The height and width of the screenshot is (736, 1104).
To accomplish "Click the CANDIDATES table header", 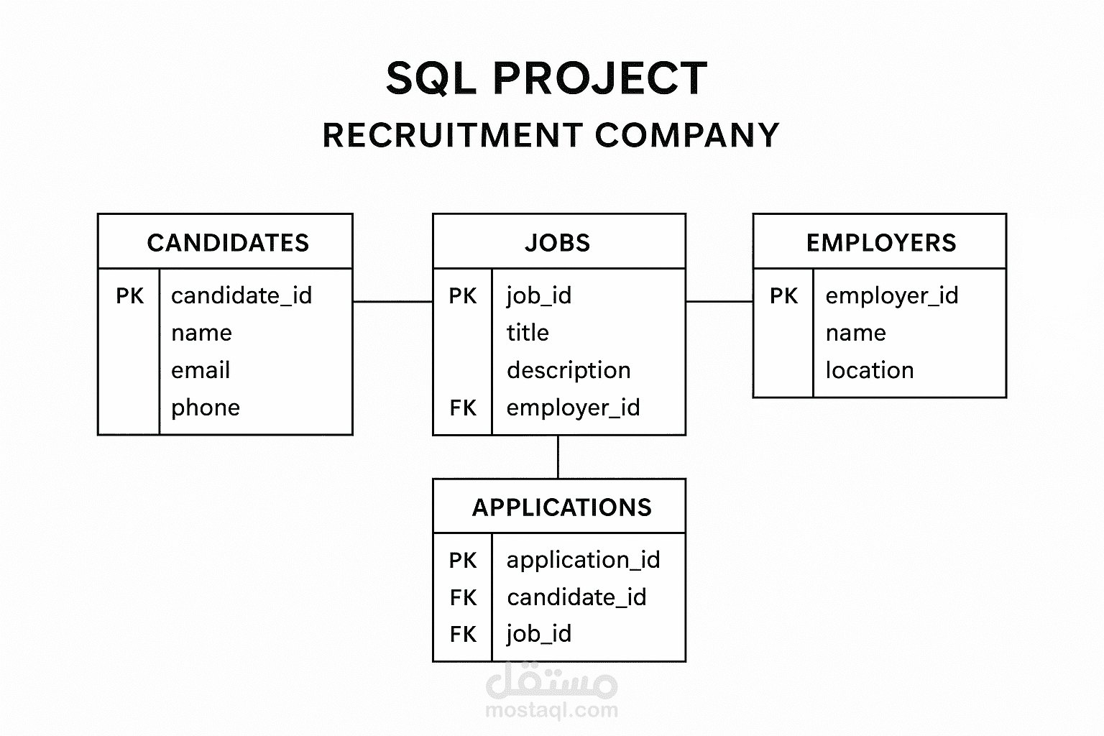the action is [228, 242].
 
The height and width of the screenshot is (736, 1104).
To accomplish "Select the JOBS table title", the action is [558, 242].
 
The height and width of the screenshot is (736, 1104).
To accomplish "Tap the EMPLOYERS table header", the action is [881, 242].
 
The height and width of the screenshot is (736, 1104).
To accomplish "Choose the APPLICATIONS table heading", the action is [562, 507].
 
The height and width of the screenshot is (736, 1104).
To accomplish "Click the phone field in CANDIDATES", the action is [206, 408].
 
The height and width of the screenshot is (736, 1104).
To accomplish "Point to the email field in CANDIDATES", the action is [201, 370].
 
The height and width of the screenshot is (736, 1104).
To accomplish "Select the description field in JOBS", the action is [569, 370].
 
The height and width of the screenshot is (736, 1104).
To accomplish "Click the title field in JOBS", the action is [528, 333].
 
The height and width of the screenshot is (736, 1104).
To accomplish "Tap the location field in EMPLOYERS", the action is [870, 370].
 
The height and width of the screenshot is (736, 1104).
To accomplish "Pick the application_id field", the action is [584, 560].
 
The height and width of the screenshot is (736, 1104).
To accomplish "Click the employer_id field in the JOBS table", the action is [573, 408].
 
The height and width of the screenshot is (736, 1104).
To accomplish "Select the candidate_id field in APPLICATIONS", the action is [576, 597].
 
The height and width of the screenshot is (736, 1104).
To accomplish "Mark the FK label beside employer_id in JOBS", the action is [463, 408].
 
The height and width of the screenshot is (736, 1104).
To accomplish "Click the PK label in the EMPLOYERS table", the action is [783, 296].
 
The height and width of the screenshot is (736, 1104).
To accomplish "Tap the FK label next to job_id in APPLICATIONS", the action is [463, 634].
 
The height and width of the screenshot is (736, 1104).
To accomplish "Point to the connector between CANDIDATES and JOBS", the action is [393, 301].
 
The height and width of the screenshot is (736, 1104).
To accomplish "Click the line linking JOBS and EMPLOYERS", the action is [719, 301].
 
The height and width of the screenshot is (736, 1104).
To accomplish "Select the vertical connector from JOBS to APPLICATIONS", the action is [558, 457].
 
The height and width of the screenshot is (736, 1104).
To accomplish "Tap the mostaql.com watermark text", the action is [551, 710].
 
